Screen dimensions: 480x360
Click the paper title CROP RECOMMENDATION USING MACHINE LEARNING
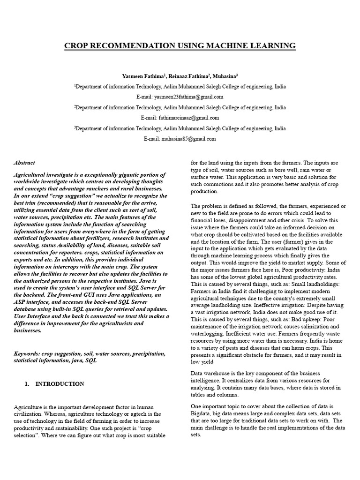tap(180, 45)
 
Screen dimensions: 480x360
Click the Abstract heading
tap(24, 163)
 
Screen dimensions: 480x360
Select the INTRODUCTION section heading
tap(60, 383)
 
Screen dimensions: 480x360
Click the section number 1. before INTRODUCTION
tap(27, 383)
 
